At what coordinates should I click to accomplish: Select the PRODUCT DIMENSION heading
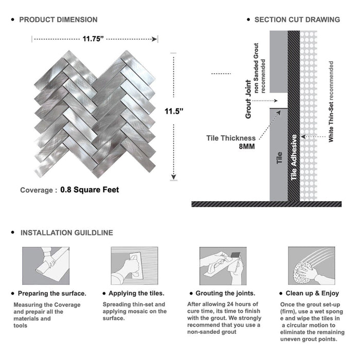[x=58, y=20]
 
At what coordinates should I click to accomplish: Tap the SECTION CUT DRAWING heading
[x=297, y=20]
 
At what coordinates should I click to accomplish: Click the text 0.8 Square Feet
[x=89, y=190]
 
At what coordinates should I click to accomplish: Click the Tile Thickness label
[x=230, y=138]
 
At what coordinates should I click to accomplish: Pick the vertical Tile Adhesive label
[x=294, y=157]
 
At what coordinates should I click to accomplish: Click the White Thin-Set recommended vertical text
[x=331, y=102]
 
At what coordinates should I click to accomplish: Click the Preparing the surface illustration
[x=45, y=265]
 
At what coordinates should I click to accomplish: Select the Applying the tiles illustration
[x=134, y=265]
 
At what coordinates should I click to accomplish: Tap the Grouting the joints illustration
[x=222, y=265]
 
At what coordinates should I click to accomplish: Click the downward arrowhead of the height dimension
[x=173, y=177]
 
